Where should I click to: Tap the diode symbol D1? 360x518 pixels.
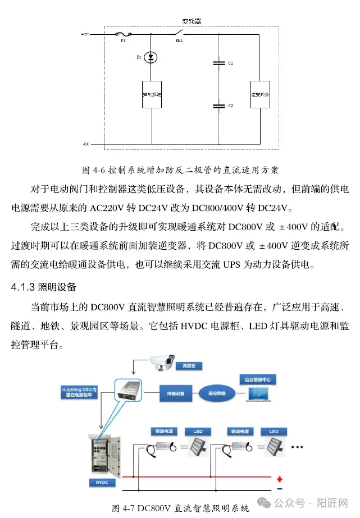(x=151, y=57)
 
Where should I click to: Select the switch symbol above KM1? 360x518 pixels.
(x=180, y=33)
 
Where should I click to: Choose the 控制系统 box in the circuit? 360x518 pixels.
(x=151, y=95)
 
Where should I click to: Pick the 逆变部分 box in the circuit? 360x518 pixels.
(x=260, y=95)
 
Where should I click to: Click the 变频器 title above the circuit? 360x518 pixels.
(x=192, y=21)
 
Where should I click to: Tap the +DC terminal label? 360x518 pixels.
(x=85, y=35)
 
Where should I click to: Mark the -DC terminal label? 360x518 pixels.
(x=85, y=144)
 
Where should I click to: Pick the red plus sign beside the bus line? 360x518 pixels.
(x=279, y=479)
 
